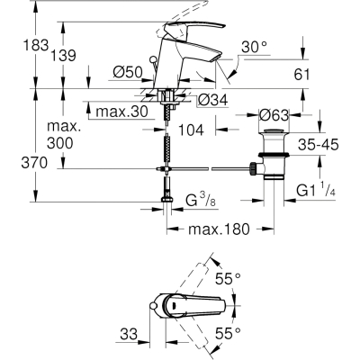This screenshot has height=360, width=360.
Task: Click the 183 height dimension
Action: tap(36, 45)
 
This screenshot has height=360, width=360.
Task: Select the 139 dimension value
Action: tap(63, 56)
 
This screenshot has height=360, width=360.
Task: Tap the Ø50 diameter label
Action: tap(128, 72)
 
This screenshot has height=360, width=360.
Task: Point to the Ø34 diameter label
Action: tap(213, 100)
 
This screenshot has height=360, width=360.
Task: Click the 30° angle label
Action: tap(254, 47)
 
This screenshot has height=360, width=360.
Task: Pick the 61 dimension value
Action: tap(301, 75)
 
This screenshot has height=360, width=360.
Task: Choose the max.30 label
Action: tap(121, 112)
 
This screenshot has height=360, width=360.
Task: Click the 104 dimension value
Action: tap(191, 130)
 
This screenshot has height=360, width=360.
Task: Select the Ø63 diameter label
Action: tap(274, 115)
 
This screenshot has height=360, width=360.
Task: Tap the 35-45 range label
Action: tap(319, 145)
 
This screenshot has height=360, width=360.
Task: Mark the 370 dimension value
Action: tap(34, 163)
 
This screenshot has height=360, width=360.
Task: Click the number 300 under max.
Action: tap(60, 143)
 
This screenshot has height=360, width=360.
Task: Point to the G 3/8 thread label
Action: tap(201, 201)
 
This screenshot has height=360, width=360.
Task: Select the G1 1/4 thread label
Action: tap(316, 190)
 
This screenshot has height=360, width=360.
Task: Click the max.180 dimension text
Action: tap(219, 229)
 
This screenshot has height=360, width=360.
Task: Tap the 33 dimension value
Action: tap(129, 334)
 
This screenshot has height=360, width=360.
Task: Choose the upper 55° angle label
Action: tap(229, 279)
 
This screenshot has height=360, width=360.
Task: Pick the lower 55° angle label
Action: tap(229, 333)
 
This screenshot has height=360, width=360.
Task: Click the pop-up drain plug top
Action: tap(274, 130)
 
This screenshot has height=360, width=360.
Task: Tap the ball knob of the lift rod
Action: tap(153, 58)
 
